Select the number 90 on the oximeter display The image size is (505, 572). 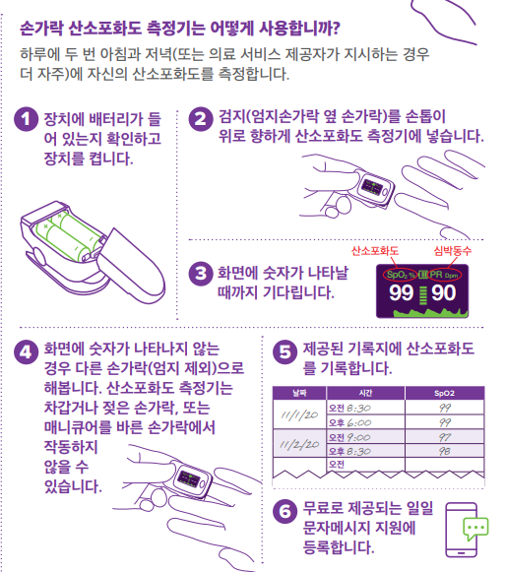pyautogui.click(x=444, y=293)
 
